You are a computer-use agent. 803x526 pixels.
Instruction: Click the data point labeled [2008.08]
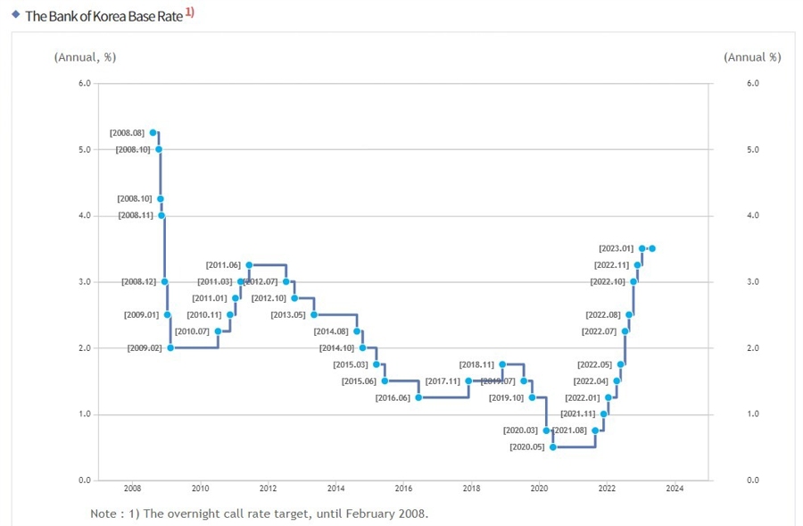[x=153, y=132]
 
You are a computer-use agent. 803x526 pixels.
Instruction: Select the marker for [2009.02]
[x=170, y=347]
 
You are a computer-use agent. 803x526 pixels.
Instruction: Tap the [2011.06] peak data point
[x=249, y=265]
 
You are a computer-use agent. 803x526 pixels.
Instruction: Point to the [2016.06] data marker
[x=418, y=397]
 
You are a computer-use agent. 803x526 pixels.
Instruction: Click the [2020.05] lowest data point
[x=553, y=447]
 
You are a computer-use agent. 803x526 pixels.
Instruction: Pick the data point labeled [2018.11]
[x=502, y=364]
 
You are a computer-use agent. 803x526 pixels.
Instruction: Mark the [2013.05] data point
[x=313, y=314]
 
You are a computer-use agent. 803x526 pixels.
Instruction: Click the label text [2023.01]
[x=616, y=248]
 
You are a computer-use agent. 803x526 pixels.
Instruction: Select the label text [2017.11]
[x=443, y=381]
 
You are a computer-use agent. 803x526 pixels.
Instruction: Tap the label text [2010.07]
[x=192, y=331]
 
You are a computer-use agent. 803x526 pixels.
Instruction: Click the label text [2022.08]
[x=602, y=314]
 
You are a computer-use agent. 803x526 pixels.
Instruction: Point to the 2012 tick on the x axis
[x=268, y=488]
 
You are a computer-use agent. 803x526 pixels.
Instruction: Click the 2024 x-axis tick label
[x=675, y=488]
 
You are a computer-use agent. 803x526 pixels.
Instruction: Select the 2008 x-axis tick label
[x=132, y=488]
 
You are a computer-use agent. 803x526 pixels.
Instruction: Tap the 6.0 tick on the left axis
[x=84, y=83]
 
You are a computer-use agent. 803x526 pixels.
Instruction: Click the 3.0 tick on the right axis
[x=751, y=282]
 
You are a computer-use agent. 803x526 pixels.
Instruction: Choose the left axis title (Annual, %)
[x=85, y=57]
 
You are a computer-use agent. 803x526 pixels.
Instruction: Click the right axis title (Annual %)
[x=752, y=57]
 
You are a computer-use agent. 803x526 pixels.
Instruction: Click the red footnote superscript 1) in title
[x=190, y=13]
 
